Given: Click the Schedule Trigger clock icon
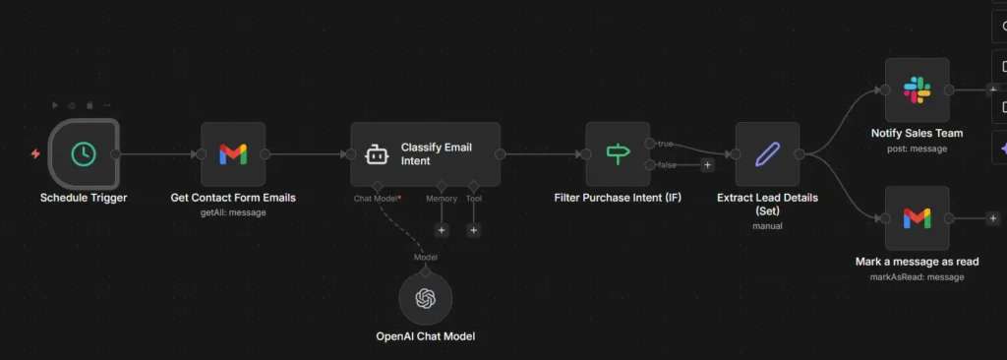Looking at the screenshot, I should [84, 154].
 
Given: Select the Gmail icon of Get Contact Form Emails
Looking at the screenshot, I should [233, 154].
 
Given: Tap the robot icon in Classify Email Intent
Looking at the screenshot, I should [378, 154].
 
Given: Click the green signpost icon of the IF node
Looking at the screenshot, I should [618, 154].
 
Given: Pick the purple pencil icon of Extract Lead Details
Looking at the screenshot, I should [767, 154].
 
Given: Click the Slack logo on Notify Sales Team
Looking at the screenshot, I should [917, 90].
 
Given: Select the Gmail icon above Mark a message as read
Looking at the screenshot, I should [917, 218].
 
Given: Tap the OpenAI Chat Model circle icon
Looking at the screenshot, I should [426, 299].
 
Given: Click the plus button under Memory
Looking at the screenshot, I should [442, 230].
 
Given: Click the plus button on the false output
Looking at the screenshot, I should [707, 165].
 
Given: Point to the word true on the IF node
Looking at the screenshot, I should [666, 144].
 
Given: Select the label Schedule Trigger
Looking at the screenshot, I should [84, 198].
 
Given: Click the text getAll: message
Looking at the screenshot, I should [233, 212].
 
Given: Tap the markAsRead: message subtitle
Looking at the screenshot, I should [917, 277].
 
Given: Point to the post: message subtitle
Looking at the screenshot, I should [917, 149].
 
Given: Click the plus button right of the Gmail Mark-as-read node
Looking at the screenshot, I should [993, 218].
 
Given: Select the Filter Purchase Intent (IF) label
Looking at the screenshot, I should [618, 198].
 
